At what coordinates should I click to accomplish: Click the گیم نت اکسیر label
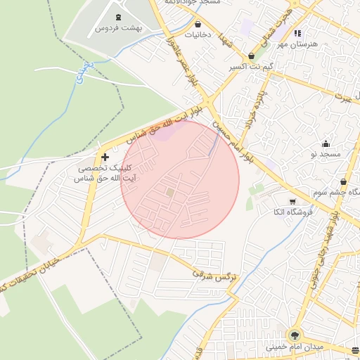tap(251, 67)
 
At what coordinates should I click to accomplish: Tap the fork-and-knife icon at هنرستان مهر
tap(297, 32)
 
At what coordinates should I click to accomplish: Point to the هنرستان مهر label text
tap(297, 44)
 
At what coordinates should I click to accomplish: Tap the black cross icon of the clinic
tap(105, 157)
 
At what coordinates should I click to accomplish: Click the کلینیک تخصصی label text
tap(105, 169)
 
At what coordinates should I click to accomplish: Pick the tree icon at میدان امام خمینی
tap(292, 335)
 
